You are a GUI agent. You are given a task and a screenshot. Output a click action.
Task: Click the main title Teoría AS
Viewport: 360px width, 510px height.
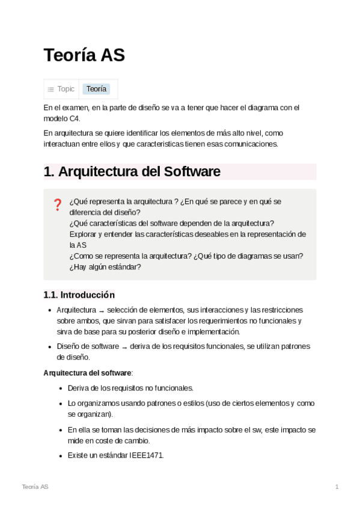pyautogui.click(x=84, y=55)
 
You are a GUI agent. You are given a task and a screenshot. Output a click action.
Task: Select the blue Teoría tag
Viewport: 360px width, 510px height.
pyautogui.click(x=96, y=89)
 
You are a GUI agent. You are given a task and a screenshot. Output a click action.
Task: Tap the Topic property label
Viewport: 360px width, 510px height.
pyautogui.click(x=66, y=89)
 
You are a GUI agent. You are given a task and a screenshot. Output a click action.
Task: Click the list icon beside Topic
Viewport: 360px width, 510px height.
pyautogui.click(x=51, y=90)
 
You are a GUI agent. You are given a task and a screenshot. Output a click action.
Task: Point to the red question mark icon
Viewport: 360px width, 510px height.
pyautogui.click(x=58, y=204)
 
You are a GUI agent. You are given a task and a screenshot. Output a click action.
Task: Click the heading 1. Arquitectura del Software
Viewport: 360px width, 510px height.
pyautogui.click(x=132, y=171)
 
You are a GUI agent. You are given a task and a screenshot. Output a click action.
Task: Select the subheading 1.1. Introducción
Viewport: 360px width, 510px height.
pyautogui.click(x=79, y=295)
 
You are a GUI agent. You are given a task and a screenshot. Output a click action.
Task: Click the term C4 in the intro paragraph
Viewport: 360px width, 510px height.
pyautogui.click(x=74, y=118)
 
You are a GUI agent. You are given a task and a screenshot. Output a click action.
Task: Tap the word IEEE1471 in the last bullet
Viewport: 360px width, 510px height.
pyautogui.click(x=146, y=455)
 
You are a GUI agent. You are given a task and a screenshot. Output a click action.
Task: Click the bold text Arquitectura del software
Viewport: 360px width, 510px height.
pyautogui.click(x=87, y=373)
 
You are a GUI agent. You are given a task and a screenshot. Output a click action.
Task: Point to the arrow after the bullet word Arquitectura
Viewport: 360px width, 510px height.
pyautogui.click(x=102, y=310)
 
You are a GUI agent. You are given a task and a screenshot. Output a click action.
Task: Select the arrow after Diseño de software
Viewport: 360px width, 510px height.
pyautogui.click(x=124, y=347)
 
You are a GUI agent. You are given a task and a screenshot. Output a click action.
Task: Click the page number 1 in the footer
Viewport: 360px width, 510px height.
pyautogui.click(x=337, y=487)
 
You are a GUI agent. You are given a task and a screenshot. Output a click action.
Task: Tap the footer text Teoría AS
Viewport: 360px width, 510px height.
pyautogui.click(x=35, y=487)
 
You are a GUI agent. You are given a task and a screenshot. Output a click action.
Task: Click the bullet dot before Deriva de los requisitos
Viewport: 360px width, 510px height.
pyautogui.click(x=61, y=389)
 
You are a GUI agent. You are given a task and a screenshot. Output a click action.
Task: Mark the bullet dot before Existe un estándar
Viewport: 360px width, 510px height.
pyautogui.click(x=61, y=456)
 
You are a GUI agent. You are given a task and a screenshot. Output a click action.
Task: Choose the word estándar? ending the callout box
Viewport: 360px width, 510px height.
pyautogui.click(x=125, y=266)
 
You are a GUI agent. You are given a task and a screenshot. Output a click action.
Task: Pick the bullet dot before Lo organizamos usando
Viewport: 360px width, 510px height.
pyautogui.click(x=61, y=404)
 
